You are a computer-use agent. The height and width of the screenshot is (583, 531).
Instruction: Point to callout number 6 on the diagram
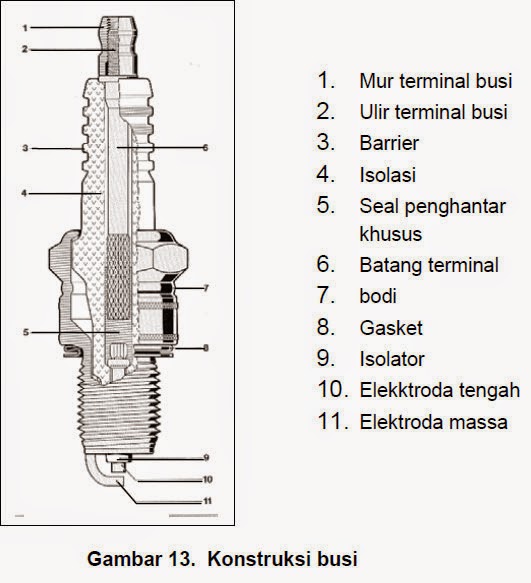tap(204, 147)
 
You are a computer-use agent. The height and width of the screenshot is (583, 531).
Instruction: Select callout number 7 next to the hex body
tap(204, 288)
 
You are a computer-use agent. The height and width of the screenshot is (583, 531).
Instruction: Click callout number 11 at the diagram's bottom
tap(207, 499)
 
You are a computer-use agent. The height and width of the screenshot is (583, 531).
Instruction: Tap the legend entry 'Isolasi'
tap(387, 174)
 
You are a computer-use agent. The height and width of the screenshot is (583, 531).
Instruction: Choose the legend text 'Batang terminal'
tap(428, 265)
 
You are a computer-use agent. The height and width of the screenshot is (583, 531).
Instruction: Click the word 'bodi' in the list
tap(378, 296)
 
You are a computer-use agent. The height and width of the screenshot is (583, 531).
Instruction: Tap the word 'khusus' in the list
tap(391, 234)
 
